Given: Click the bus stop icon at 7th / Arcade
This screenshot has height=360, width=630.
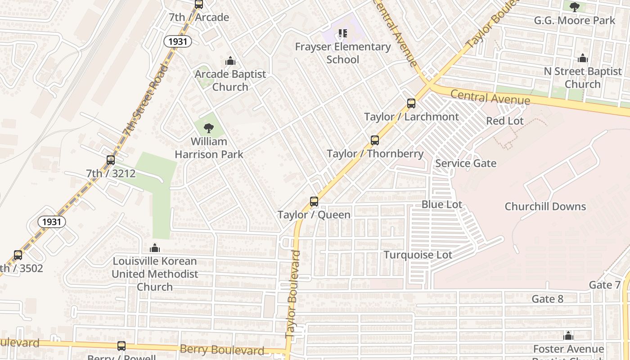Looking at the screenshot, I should [x=198, y=4].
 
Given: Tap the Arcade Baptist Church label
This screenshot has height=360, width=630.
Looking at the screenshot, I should [x=230, y=81].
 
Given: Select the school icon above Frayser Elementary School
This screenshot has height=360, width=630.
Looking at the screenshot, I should [x=343, y=33].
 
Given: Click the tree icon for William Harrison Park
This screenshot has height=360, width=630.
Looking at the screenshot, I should [x=208, y=129].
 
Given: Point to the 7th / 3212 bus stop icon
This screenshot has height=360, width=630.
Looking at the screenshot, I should [x=111, y=160].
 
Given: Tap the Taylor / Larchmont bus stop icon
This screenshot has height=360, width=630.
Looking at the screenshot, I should [x=411, y=103].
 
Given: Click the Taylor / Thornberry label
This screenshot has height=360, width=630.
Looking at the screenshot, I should [x=375, y=154].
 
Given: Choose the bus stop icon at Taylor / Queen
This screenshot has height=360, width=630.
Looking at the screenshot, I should [x=314, y=202].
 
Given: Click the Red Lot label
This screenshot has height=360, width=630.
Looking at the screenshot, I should [x=505, y=121].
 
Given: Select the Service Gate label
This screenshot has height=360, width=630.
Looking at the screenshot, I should [x=466, y=163].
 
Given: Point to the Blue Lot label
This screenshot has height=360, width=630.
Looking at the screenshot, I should [x=441, y=204].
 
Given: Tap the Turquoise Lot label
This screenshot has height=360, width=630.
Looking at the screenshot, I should [x=418, y=255].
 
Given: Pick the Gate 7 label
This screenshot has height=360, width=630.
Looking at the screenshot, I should [x=604, y=285].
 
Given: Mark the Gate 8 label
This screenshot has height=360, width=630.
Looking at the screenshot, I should [x=547, y=299].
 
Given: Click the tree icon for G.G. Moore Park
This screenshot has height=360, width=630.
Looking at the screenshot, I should [x=574, y=7].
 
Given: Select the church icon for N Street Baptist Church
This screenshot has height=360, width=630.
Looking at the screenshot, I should [x=583, y=58].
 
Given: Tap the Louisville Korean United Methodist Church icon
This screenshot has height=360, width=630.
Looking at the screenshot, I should [x=155, y=248].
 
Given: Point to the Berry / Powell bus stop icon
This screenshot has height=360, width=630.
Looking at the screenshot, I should [x=121, y=346].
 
